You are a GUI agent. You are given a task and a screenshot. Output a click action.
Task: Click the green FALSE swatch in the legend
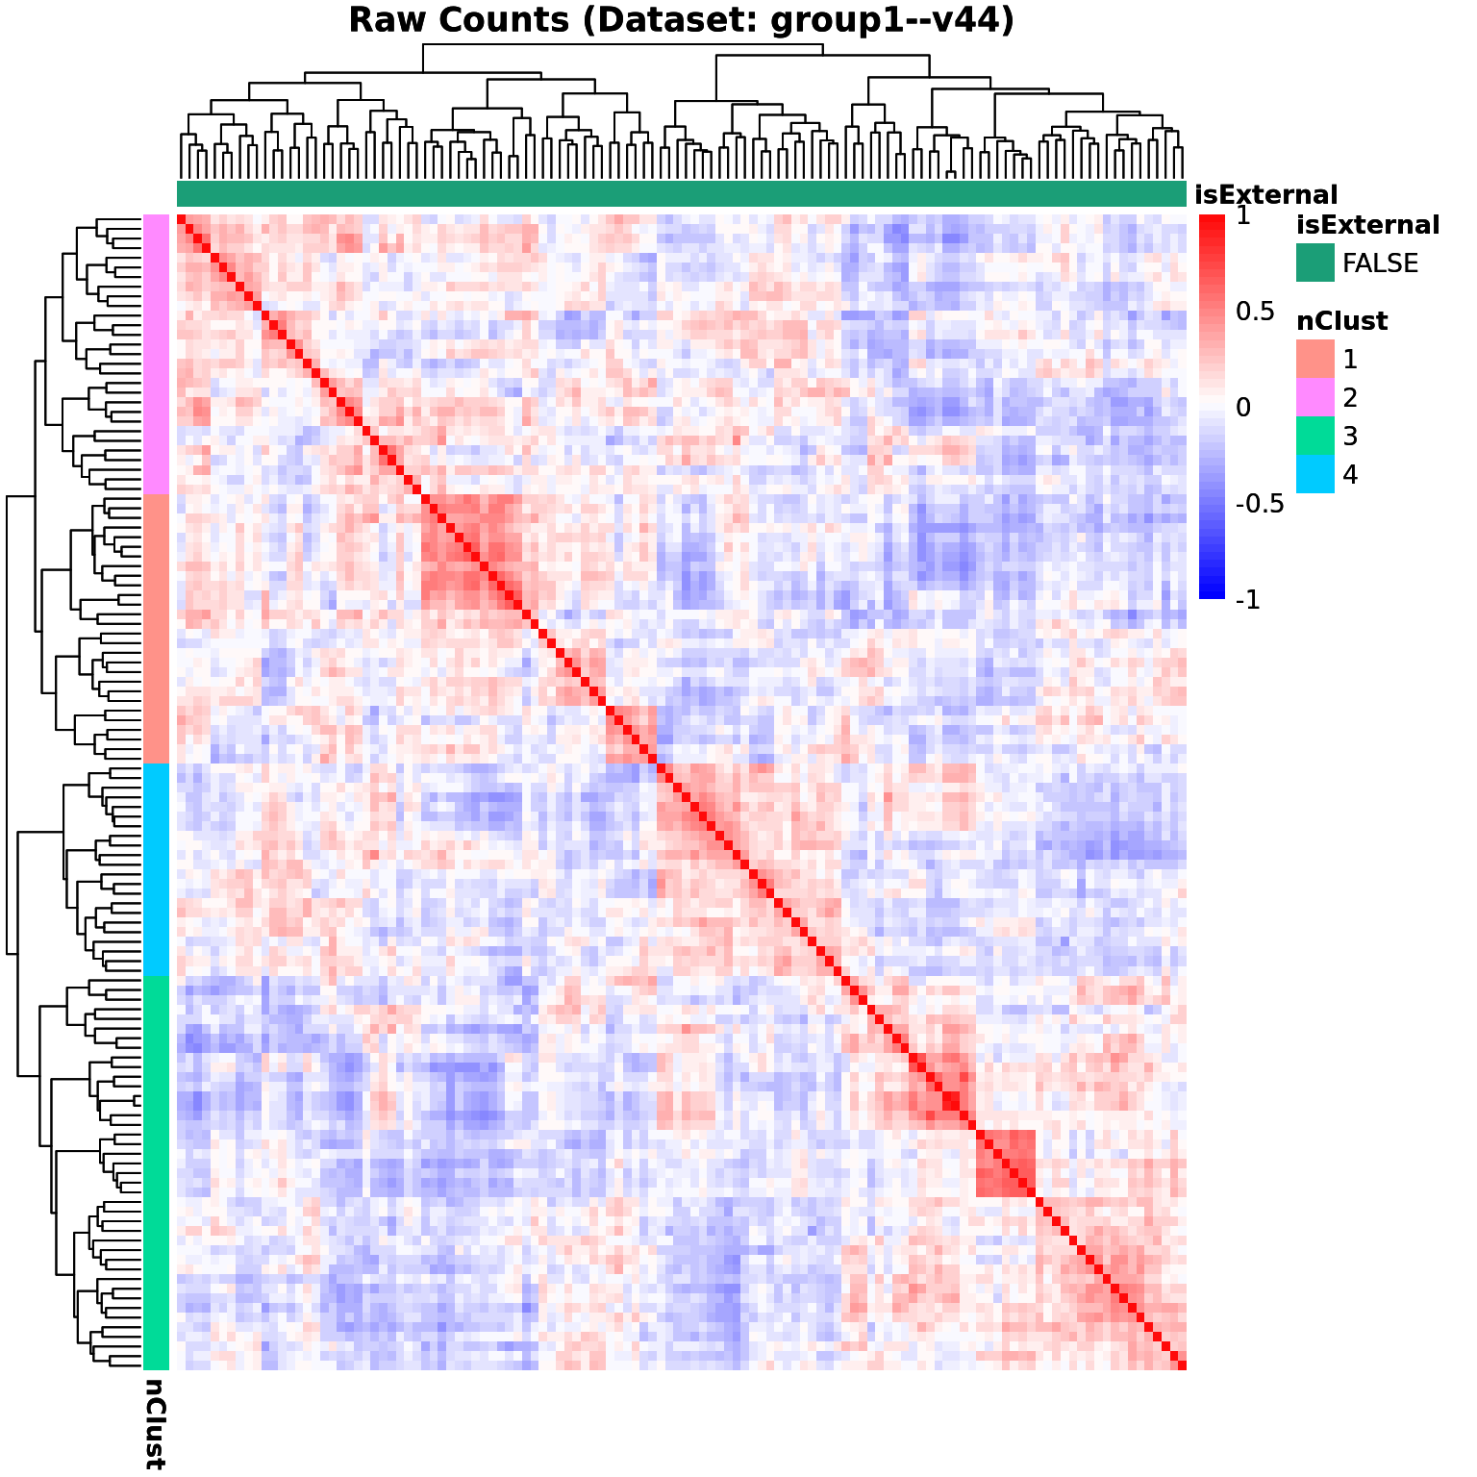(x=1314, y=263)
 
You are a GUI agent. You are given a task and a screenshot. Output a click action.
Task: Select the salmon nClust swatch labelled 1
(x=1314, y=359)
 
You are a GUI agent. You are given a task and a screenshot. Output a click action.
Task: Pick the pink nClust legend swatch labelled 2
(x=1314, y=397)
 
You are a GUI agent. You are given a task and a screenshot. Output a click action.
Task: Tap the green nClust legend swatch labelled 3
(x=1314, y=436)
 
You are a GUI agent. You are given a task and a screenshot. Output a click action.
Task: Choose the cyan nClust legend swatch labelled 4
(x=1314, y=474)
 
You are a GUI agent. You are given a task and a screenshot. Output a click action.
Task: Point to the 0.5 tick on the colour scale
(x=1255, y=312)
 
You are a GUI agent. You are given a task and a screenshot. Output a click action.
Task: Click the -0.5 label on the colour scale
(x=1260, y=504)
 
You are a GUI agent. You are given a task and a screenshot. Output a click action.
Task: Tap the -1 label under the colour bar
(x=1247, y=600)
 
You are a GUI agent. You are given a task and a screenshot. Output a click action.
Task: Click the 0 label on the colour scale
(x=1243, y=408)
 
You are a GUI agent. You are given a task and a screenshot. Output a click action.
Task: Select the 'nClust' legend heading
(x=1341, y=321)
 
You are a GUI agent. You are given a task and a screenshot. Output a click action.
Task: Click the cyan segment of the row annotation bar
(x=157, y=869)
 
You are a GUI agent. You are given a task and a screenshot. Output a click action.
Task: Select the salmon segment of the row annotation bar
(x=157, y=628)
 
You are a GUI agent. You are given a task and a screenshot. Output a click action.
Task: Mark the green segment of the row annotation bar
(x=157, y=1173)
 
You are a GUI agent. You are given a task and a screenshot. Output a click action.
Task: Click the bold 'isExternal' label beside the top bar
(x=1265, y=195)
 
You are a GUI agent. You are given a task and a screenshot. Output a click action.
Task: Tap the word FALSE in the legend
(x=1380, y=263)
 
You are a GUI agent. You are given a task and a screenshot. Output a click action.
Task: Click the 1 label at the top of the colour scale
(x=1243, y=216)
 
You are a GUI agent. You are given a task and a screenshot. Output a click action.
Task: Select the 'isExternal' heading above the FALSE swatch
(x=1367, y=225)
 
